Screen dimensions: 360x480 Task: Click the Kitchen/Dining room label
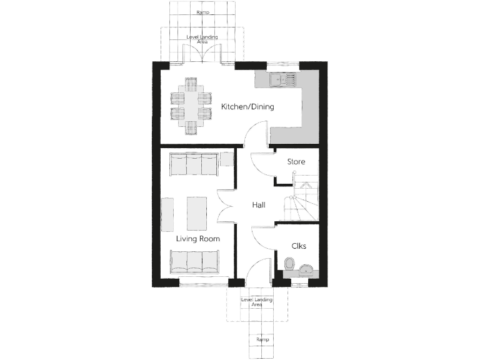click(247, 107)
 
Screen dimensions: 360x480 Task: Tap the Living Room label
click(197, 238)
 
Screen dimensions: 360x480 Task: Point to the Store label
click(296, 162)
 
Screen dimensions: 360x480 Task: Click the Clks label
click(298, 246)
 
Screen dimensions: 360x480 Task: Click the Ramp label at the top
click(202, 12)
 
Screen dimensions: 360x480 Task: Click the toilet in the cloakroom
click(289, 266)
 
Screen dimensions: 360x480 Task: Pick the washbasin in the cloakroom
click(306, 269)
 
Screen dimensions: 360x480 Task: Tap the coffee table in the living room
click(196, 213)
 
